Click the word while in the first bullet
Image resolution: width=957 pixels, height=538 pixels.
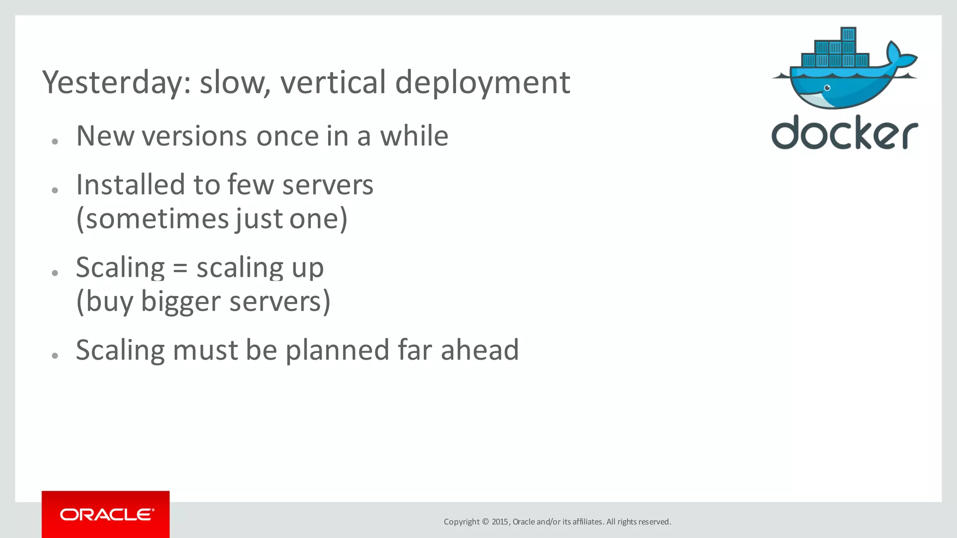click(414, 136)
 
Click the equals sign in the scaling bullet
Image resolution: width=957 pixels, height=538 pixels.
click(180, 268)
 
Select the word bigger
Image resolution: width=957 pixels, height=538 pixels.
click(180, 302)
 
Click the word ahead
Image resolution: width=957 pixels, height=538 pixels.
click(479, 350)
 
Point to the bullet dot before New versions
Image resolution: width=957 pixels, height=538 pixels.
click(55, 141)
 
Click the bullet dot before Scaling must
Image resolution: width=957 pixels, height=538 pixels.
click(55, 355)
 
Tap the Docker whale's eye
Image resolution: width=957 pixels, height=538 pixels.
click(827, 88)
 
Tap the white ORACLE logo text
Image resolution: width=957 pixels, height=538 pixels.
click(107, 515)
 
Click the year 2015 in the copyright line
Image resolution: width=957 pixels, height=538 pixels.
click(500, 522)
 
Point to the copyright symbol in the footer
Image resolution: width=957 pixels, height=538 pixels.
click(485, 522)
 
